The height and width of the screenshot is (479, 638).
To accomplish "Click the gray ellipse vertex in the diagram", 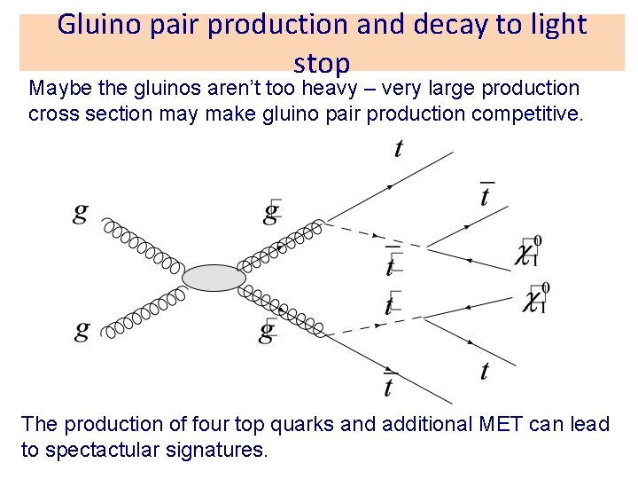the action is tap(214, 278).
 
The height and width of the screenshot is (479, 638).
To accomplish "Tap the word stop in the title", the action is tap(322, 63).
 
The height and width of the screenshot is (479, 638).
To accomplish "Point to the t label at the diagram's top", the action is tap(398, 149).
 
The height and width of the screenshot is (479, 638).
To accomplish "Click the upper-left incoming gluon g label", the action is tap(82, 213).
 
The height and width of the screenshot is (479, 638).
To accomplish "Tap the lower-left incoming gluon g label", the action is tap(82, 331).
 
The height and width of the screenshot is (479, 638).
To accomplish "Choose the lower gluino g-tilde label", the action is tap(268, 331).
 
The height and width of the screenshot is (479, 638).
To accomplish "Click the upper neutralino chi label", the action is tap(528, 253).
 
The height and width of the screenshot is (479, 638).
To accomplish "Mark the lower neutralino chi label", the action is tap(532, 299).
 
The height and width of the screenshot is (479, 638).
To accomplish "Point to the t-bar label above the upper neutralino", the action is tap(485, 194).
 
